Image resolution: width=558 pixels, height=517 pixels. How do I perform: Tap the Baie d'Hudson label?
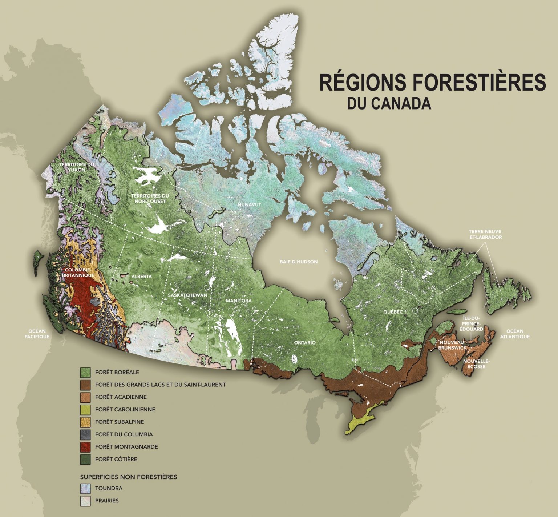point(299,262)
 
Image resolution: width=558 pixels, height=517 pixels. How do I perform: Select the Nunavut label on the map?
point(249,205)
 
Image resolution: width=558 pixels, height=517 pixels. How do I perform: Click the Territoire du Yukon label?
point(77,167)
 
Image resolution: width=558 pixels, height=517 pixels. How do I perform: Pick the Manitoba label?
point(238,301)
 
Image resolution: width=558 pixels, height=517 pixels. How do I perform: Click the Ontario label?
point(305,343)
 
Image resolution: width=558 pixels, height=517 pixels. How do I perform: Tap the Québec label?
point(393,312)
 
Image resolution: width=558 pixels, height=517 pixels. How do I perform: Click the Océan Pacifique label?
point(37,334)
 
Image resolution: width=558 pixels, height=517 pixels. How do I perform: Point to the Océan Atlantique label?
point(515,334)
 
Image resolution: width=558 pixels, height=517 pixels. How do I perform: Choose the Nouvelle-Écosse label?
point(476,363)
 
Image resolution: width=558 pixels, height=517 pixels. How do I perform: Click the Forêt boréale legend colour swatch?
point(85,372)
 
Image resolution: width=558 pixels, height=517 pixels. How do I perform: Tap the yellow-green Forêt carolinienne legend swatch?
point(85,409)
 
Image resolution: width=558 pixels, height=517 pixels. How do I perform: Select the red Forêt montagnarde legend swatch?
point(85,447)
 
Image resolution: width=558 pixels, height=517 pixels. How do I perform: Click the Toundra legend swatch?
point(85,488)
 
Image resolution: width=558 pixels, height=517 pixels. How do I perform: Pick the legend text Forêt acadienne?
point(121,397)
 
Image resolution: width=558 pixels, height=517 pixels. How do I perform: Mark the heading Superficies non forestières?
point(128,477)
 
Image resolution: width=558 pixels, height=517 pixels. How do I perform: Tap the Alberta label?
point(142,276)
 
